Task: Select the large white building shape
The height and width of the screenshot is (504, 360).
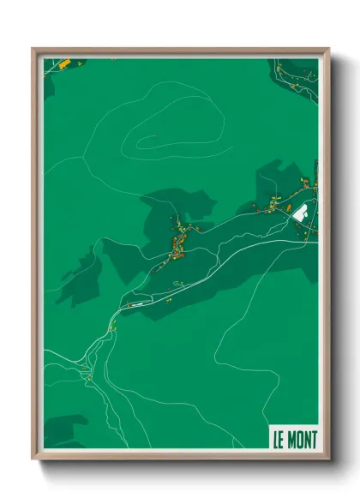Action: [301, 213]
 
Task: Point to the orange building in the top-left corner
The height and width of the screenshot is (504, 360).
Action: [63, 63]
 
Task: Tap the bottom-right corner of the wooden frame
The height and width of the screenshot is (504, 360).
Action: [328, 458]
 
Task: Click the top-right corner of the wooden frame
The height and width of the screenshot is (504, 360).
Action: [328, 50]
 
